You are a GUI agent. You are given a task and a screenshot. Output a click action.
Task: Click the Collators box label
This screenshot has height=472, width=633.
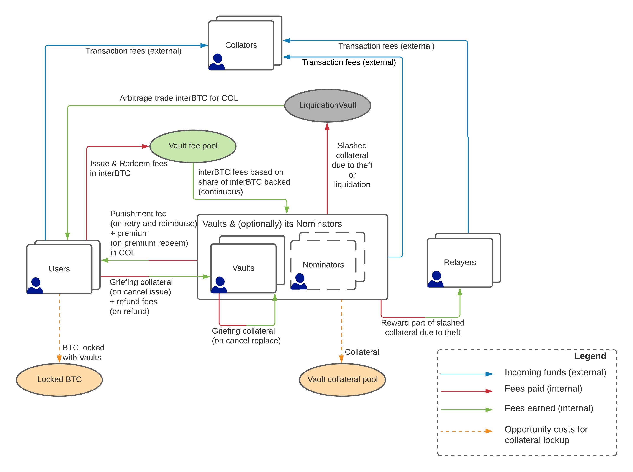tap(241, 45)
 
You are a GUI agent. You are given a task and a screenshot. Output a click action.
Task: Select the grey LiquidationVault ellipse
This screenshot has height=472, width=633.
tap(328, 105)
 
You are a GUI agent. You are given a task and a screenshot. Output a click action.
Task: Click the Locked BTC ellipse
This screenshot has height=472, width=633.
tap(59, 379)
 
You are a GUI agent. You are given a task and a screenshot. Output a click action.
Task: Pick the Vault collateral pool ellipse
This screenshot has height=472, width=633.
tap(342, 379)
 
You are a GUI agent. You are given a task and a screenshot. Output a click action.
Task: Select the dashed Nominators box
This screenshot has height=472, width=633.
tap(323, 265)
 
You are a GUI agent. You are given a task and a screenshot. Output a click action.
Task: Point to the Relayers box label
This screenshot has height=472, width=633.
tap(460, 262)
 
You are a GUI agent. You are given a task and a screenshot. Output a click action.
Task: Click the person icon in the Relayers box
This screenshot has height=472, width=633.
tap(436, 279)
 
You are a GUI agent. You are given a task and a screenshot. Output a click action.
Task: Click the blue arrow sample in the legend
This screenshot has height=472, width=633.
tap(467, 374)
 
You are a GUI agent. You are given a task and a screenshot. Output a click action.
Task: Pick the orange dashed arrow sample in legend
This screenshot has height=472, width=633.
tap(467, 431)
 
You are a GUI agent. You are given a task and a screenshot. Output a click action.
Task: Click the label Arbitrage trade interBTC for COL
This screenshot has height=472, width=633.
tap(179, 98)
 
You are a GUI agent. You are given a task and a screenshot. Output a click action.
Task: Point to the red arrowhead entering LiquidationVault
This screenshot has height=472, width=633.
tap(327, 126)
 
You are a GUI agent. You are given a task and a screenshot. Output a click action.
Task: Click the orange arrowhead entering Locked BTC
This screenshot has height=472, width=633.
tap(59, 359)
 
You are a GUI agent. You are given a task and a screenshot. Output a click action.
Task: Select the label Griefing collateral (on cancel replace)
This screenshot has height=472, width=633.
tap(246, 336)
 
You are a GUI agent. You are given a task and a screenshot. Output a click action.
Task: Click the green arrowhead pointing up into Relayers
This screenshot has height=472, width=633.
tap(460, 291)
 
